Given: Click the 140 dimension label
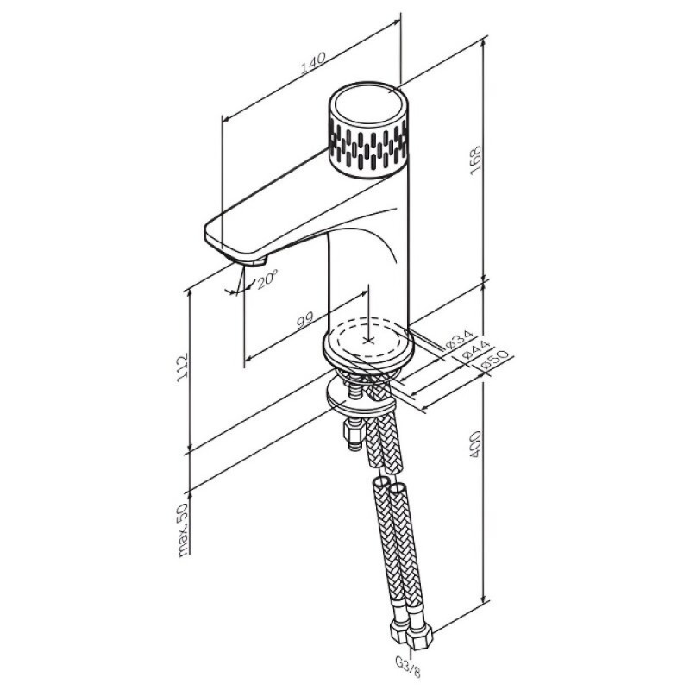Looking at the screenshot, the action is click(x=313, y=63).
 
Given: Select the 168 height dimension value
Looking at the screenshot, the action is click(x=476, y=160).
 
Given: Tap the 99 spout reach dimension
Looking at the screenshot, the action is click(x=305, y=319).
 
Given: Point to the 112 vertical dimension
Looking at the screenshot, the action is click(x=183, y=367).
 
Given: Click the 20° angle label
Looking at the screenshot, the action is click(x=267, y=279).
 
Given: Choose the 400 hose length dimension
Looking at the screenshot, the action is click(x=476, y=444).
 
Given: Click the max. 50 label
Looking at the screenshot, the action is click(x=184, y=530).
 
